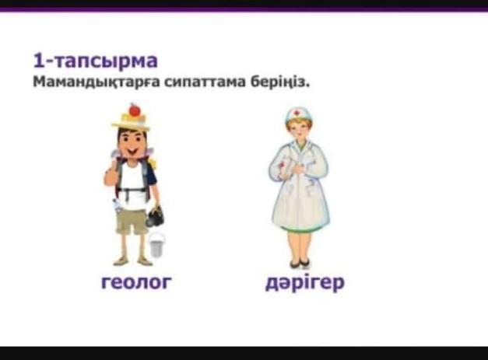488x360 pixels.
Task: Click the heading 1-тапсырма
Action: tap(95, 61)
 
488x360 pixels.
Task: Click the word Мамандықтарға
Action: tap(97, 82)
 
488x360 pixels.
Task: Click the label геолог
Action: tap(136, 281)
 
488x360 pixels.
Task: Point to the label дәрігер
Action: tap(305, 282)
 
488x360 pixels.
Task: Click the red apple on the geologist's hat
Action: tap(135, 110)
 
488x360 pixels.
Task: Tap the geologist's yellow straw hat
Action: tap(131, 121)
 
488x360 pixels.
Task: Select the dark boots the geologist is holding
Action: tap(156, 217)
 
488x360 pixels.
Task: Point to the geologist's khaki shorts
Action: tap(132, 222)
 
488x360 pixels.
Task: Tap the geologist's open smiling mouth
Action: tap(132, 152)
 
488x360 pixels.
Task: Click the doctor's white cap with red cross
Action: tap(298, 114)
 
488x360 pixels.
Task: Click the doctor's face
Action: tap(299, 131)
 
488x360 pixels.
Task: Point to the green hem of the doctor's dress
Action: tap(300, 229)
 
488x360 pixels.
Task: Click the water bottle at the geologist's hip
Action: tap(117, 205)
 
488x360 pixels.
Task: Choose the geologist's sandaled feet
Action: tap(133, 261)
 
